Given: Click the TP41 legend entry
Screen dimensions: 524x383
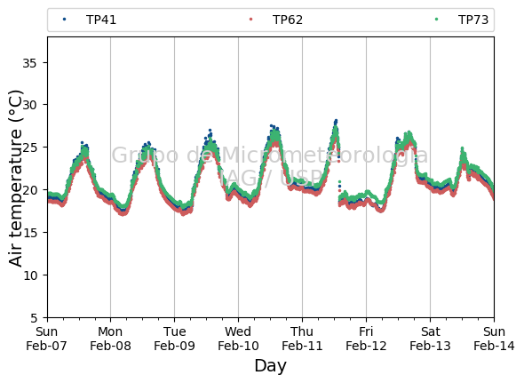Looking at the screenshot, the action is (90, 20).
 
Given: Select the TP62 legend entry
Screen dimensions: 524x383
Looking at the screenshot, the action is (276, 20).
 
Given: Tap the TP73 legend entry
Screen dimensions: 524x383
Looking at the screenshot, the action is (462, 20).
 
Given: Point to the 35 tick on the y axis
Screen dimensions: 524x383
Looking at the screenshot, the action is (29, 62).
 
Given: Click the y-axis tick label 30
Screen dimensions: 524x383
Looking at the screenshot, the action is (29, 105).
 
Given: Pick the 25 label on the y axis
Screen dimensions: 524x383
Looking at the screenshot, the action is (29, 148).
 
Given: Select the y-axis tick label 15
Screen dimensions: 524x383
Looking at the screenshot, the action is (29, 233).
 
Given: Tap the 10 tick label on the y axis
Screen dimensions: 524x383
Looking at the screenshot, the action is (29, 275).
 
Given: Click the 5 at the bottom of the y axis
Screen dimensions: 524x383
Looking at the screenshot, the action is (34, 318).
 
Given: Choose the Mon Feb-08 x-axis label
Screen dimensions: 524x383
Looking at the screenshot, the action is (110, 339).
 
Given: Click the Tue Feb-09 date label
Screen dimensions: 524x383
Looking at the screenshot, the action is (174, 339).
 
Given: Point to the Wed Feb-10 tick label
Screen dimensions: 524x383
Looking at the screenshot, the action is (238, 339).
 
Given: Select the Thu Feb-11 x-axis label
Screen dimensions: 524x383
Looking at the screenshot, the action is (302, 339).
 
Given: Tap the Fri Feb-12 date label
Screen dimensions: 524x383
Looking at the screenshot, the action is (366, 339).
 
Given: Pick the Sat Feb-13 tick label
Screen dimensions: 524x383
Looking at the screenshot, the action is (430, 339).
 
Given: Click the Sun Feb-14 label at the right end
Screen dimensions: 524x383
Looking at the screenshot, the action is (494, 339).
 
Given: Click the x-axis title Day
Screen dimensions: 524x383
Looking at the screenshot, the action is (270, 365).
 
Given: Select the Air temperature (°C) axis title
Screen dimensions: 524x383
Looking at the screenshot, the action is (15, 179).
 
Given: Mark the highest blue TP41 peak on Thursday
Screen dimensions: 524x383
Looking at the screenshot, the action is (336, 121).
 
